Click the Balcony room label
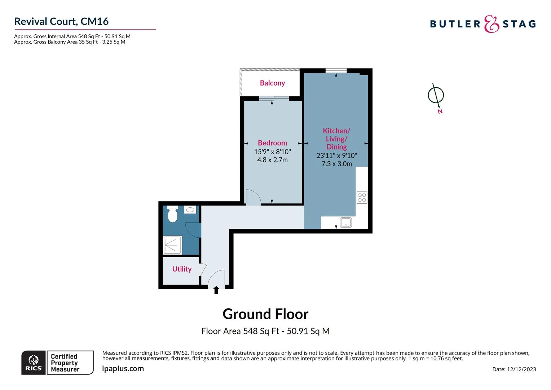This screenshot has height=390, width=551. (272, 83)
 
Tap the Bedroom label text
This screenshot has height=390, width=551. (272, 143)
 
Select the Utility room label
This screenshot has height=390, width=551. (182, 269)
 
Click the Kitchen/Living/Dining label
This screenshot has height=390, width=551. (336, 139)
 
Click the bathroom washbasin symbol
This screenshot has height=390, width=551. (190, 209)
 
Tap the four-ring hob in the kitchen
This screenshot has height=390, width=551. (362, 198)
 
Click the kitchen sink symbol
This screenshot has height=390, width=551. (346, 222)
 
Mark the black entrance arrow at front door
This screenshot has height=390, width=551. (216, 290)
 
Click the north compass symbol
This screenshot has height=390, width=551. (436, 96)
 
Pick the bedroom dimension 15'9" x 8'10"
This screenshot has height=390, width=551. (272, 152)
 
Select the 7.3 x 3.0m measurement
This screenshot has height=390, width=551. (336, 164)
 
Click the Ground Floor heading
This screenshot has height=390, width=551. (265, 314)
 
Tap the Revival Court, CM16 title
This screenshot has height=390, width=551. (61, 21)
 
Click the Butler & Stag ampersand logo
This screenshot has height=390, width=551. (491, 24)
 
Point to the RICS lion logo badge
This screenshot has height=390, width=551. (34, 363)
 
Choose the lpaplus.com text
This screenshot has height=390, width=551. (123, 369)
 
